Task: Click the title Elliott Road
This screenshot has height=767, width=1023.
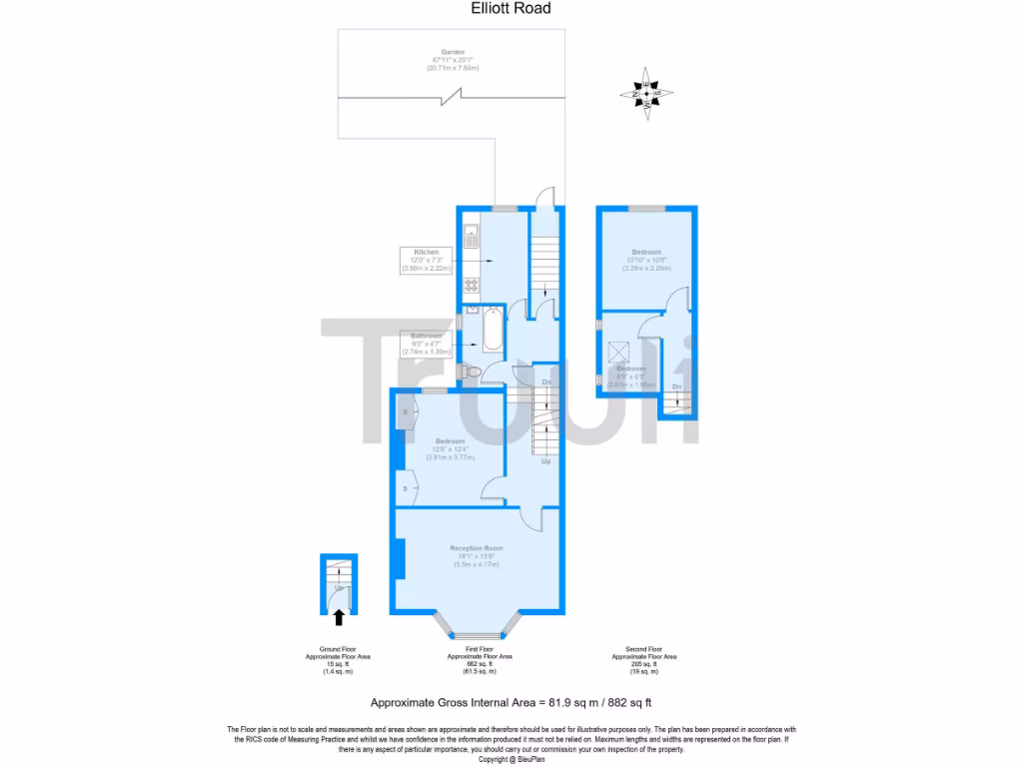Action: click(x=511, y=8)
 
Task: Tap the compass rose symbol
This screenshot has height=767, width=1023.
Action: click(x=646, y=94)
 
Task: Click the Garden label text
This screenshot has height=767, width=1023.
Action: click(x=454, y=52)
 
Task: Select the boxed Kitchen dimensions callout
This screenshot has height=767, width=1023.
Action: click(x=427, y=260)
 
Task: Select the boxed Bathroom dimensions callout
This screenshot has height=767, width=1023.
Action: click(x=427, y=345)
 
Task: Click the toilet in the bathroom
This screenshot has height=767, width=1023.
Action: click(x=471, y=373)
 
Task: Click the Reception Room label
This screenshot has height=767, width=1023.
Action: click(x=476, y=548)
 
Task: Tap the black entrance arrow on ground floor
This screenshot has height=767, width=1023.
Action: click(x=339, y=616)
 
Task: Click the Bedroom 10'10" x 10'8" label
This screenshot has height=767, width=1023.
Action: click(x=645, y=251)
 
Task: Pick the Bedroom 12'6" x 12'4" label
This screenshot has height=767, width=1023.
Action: click(x=450, y=441)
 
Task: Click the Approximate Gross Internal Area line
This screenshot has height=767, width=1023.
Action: click(x=511, y=702)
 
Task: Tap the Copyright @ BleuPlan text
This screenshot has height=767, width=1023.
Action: click(x=511, y=759)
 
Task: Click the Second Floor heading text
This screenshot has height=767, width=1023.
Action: click(x=644, y=648)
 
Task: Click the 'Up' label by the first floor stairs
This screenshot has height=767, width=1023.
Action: click(x=545, y=462)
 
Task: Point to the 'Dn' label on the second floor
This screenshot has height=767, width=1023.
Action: click(x=676, y=386)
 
